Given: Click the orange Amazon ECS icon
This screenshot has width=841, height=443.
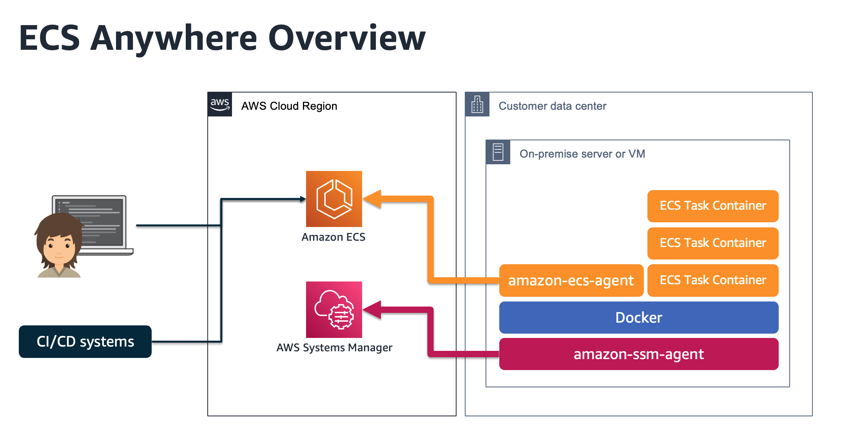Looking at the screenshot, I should (x=334, y=199).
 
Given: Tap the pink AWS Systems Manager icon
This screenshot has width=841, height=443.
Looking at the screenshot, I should (x=334, y=309).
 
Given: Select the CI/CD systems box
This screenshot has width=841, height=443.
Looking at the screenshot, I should (x=85, y=341).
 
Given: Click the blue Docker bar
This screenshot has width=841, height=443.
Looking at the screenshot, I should (x=638, y=318).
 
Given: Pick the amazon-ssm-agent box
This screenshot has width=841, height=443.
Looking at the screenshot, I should (x=638, y=354).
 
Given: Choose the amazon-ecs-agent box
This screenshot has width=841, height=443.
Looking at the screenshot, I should (x=571, y=280).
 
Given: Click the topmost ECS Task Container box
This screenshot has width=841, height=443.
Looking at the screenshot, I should (x=712, y=206).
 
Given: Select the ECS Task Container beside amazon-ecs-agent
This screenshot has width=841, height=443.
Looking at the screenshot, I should (x=712, y=280).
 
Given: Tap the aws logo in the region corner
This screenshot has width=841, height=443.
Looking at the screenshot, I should (x=220, y=104).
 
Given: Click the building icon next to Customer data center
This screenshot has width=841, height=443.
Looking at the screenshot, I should (x=477, y=104).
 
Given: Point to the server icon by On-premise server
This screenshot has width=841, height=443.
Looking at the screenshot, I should (x=498, y=152).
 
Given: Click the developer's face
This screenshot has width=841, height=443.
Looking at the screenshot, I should (x=59, y=247).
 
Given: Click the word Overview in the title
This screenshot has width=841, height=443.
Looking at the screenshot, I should (x=347, y=38).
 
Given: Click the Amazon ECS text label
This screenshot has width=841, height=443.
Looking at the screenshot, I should (x=333, y=237).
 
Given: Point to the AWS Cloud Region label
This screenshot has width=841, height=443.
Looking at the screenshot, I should (x=289, y=106).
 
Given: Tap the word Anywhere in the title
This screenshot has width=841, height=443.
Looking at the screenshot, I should (x=174, y=38).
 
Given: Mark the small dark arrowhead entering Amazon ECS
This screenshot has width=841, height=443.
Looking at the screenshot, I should (x=303, y=199).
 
